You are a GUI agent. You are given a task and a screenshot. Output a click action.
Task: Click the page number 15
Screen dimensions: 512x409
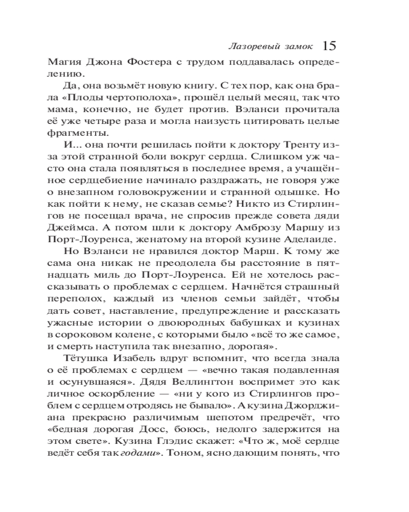tap(329, 46)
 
